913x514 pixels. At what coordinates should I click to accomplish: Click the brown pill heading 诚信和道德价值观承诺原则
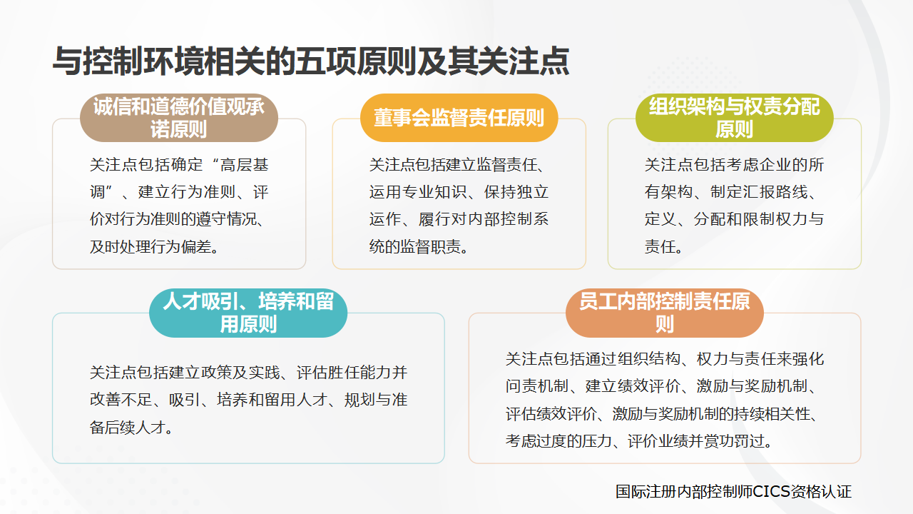click(178, 118)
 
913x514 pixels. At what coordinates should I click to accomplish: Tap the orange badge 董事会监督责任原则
click(459, 118)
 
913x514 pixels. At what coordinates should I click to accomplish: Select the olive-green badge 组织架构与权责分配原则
click(734, 118)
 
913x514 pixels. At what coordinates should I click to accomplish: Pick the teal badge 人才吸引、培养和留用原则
click(248, 313)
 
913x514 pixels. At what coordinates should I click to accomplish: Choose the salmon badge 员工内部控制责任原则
click(664, 313)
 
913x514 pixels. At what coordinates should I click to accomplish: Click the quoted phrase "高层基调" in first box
click(236, 166)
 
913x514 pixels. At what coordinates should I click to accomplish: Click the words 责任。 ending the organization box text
click(664, 248)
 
